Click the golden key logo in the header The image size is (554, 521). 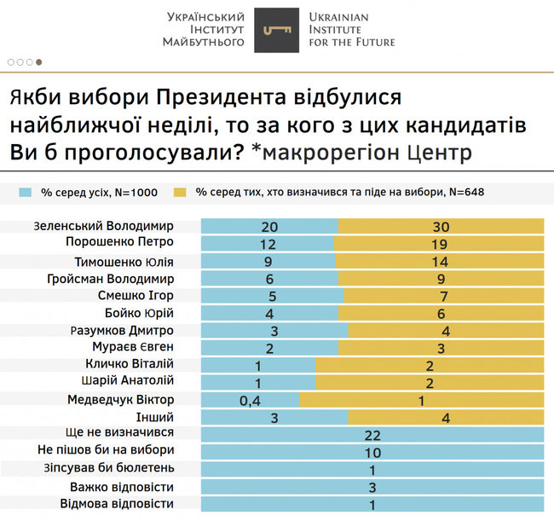pyautogui.click(x=276, y=30)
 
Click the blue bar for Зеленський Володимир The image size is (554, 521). pyautogui.click(x=269, y=226)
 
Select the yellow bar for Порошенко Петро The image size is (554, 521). pyautogui.click(x=439, y=243)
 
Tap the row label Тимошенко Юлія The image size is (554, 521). pyautogui.click(x=128, y=261)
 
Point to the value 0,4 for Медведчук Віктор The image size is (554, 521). pyautogui.click(x=248, y=399)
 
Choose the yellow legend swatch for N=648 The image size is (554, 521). pyautogui.click(x=180, y=192)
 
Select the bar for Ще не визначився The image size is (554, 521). pyautogui.click(x=372, y=434)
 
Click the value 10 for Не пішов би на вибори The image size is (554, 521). pyautogui.click(x=372, y=451)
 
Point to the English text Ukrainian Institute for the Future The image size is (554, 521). pyautogui.click(x=352, y=30)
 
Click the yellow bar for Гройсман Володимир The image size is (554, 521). pyautogui.click(x=441, y=278)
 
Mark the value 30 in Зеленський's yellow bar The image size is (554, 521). pyautogui.click(x=440, y=226)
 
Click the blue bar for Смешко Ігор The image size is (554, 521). pyautogui.click(x=272, y=295)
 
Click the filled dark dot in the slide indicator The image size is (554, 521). pyautogui.click(x=39, y=61)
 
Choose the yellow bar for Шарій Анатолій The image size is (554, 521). pyautogui.click(x=430, y=382)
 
